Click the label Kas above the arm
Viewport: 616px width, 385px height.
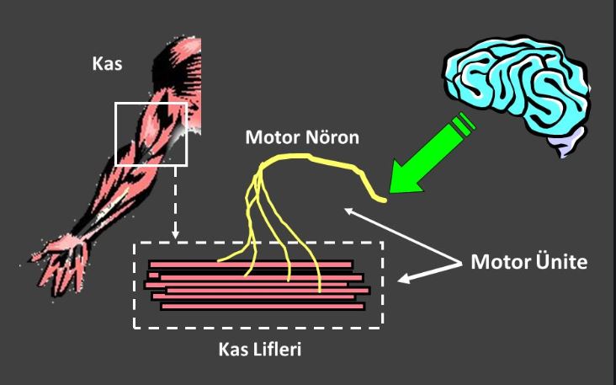point(107,65)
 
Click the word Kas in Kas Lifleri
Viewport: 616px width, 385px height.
point(231,349)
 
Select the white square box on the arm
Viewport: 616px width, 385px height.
point(151,134)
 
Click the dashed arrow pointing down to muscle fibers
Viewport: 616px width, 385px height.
point(174,202)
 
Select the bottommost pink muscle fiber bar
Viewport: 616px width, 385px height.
point(262,306)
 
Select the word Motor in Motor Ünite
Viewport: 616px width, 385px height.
point(496,261)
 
